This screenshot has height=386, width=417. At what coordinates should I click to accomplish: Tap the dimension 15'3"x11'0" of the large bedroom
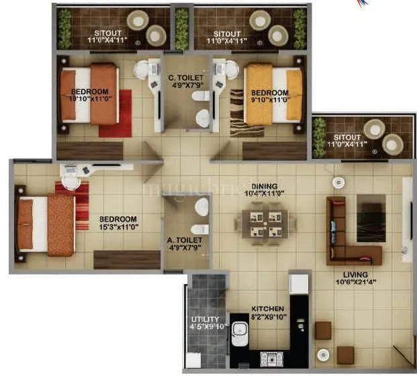tap(119, 228)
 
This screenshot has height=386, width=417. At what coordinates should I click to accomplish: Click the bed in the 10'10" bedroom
tap(88, 94)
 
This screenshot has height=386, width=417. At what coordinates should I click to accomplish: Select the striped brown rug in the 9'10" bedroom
tap(238, 114)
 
